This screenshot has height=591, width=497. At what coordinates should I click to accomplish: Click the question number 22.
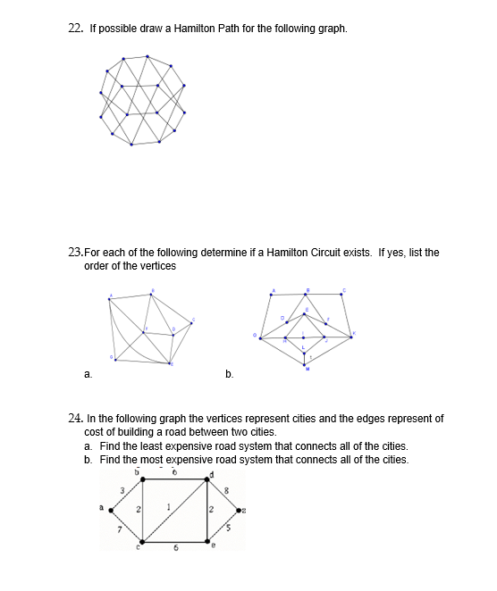click(74, 28)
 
